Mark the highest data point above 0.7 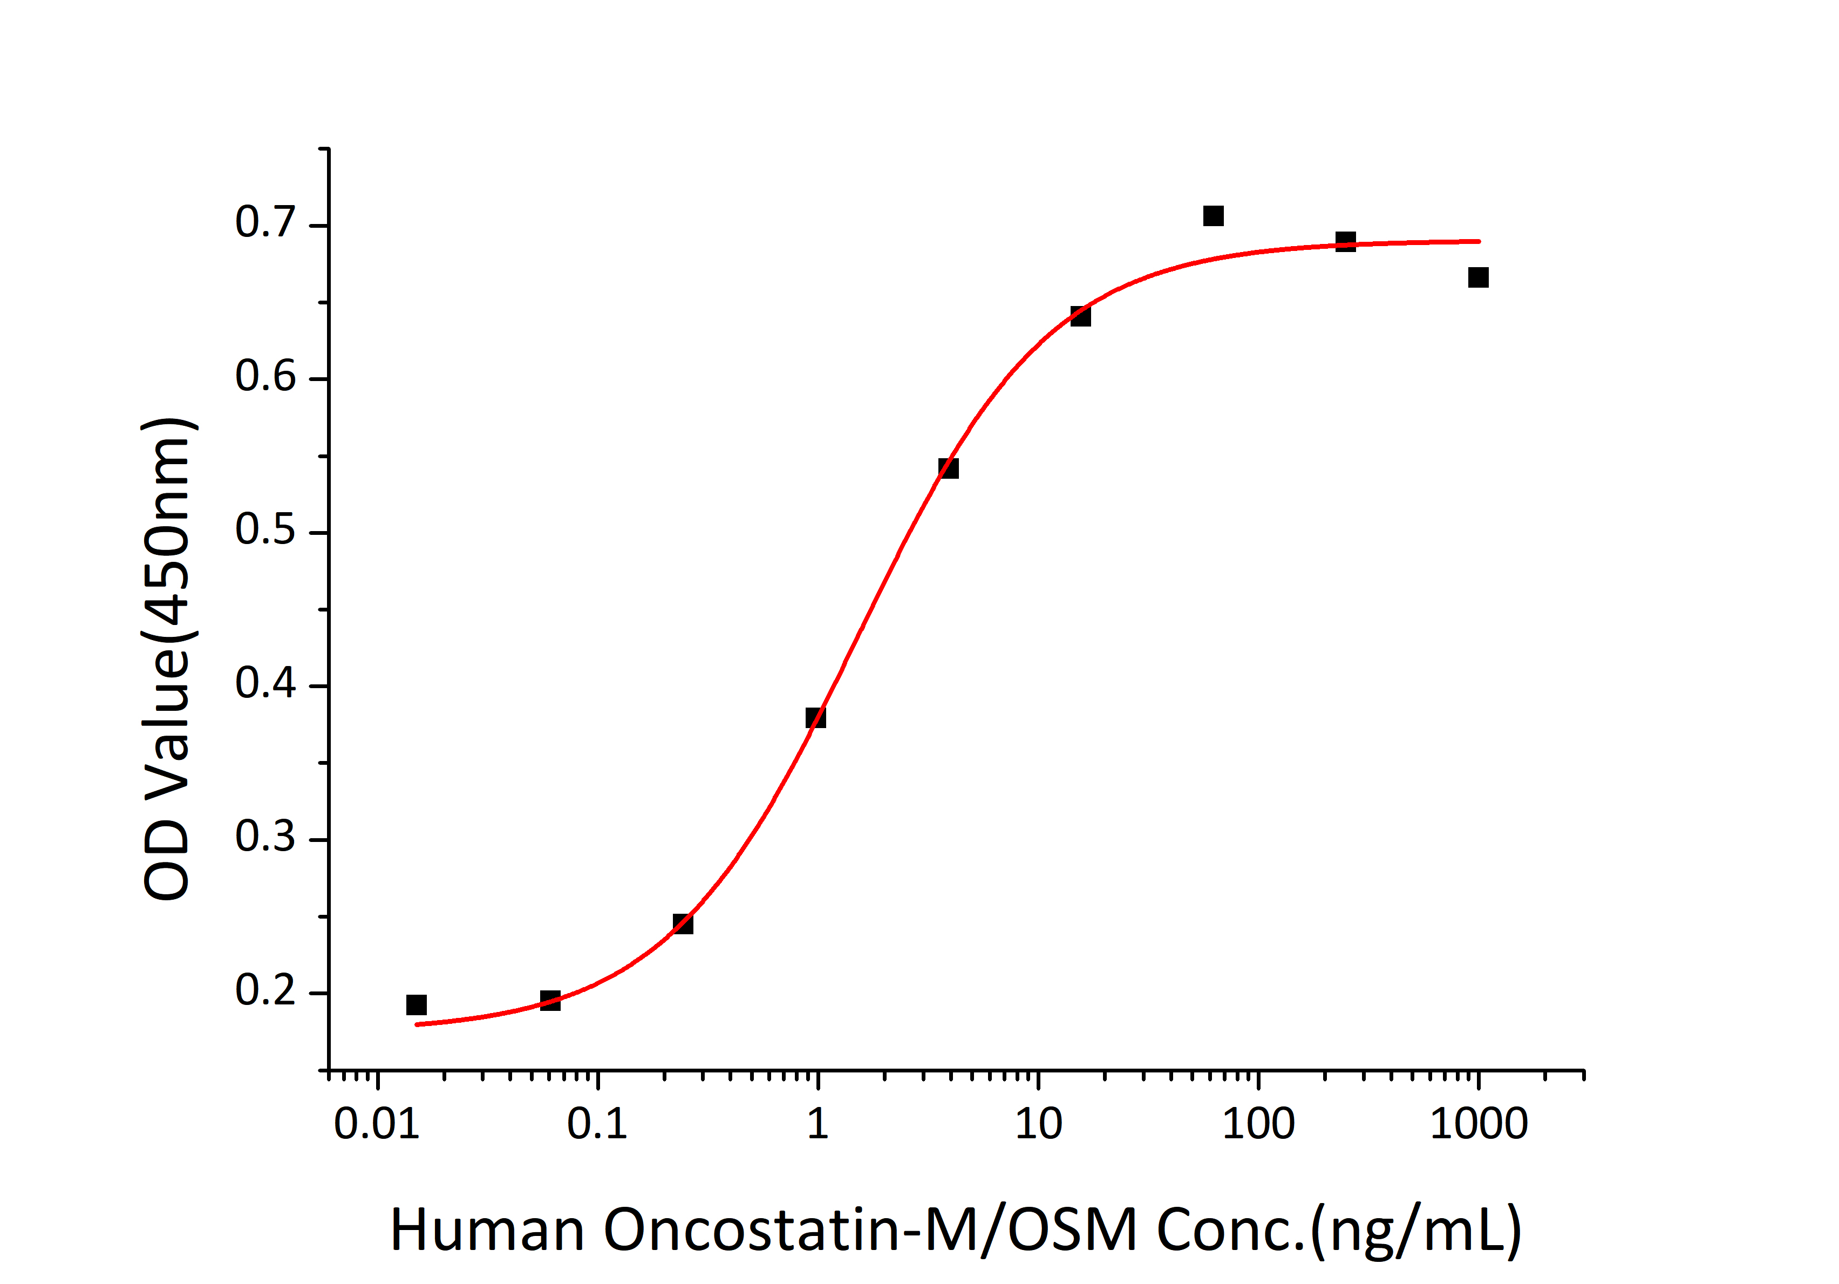point(1214,215)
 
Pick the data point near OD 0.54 point(948,468)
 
